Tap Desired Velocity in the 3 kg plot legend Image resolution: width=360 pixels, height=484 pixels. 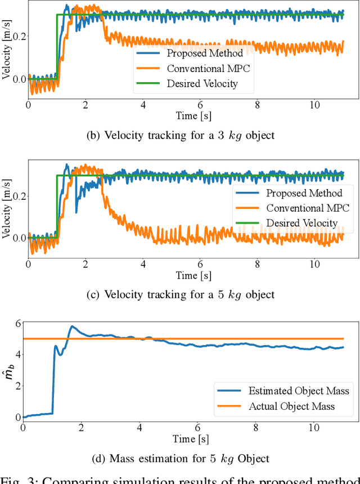(x=202, y=84)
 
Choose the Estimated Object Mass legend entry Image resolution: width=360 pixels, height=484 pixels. (x=298, y=391)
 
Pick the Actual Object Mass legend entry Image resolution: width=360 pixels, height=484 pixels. (x=291, y=406)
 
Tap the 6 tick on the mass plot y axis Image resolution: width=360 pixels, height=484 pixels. (x=17, y=323)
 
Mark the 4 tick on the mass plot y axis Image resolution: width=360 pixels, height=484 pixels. (x=17, y=355)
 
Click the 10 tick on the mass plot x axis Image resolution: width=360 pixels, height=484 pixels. (x=314, y=428)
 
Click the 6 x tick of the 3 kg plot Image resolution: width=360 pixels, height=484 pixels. (x=200, y=105)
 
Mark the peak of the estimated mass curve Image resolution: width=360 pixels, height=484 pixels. (x=71, y=326)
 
